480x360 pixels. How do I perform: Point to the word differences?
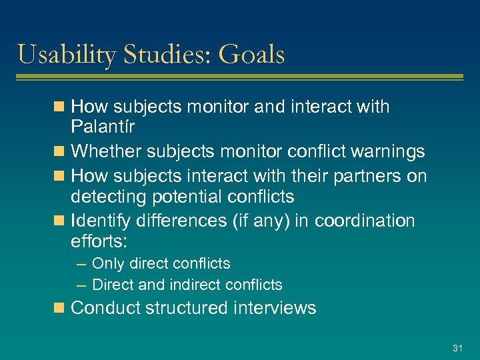(x=175, y=219)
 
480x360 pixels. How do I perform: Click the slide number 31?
(x=457, y=348)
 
